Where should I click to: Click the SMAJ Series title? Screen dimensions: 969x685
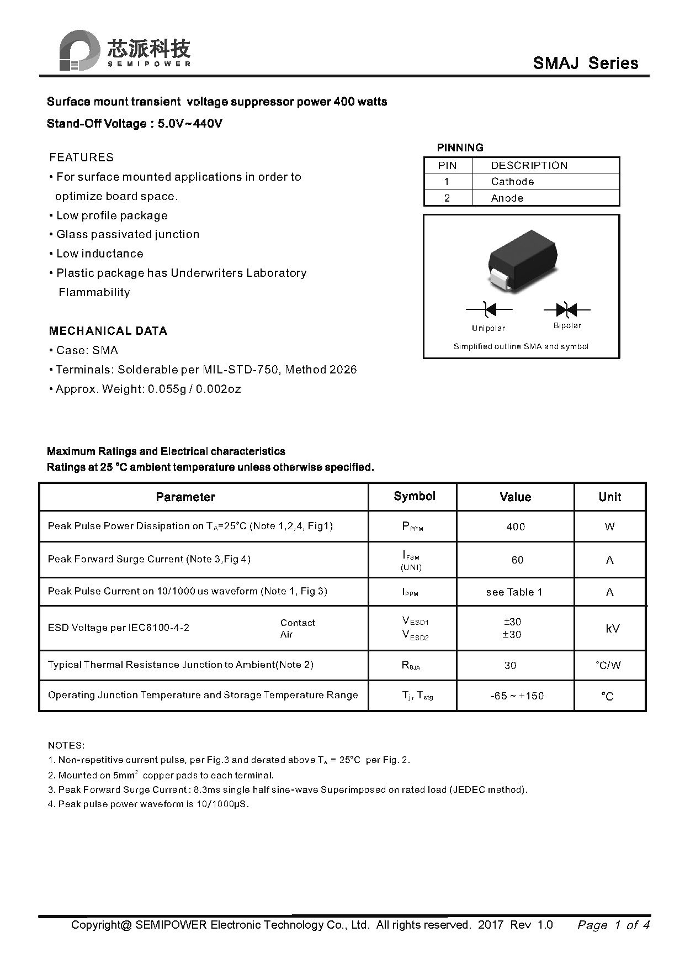[x=585, y=63]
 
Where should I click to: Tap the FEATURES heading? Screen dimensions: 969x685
[x=81, y=157]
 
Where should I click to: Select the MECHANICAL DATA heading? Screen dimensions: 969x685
[x=108, y=331]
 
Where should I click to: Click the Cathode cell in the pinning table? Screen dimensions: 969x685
[x=512, y=182]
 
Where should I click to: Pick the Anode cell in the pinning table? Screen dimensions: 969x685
[x=507, y=198]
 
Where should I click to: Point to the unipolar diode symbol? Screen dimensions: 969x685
[x=488, y=309]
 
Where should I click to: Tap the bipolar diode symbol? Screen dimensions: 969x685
[x=567, y=309]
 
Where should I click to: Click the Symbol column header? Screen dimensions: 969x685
[x=415, y=496]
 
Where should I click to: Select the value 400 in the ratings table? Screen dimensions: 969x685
[x=516, y=527]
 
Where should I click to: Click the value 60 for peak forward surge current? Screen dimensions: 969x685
[x=517, y=560]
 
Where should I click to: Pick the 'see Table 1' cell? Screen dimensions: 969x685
[x=514, y=592]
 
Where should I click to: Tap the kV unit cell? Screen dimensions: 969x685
[x=612, y=629]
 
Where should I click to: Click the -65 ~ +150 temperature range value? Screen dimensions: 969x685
[x=517, y=696]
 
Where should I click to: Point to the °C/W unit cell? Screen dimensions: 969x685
[x=608, y=666]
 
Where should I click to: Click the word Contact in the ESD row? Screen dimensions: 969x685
[x=298, y=623]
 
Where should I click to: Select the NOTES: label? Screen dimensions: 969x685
[x=66, y=745]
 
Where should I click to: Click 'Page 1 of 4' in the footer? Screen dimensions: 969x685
[x=613, y=925]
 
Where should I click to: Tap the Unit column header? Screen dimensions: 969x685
[x=609, y=497]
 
